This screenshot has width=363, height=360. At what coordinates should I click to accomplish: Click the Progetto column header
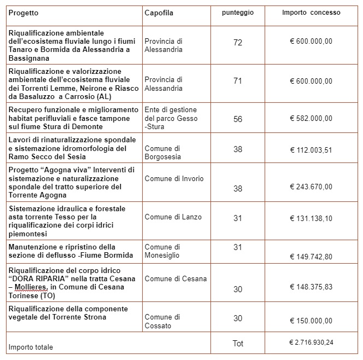coord(24,13)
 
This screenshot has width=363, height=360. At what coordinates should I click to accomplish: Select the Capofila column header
coord(159,13)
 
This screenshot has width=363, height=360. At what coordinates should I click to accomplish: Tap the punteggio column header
coord(237,12)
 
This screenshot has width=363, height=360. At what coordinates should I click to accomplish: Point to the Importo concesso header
coord(311,12)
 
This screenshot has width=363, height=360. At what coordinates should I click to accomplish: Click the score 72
coord(237,42)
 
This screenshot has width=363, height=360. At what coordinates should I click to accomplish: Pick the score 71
coord(237,81)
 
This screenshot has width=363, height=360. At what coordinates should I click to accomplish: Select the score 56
coord(237,119)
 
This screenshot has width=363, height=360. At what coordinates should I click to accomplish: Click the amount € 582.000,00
coord(311,119)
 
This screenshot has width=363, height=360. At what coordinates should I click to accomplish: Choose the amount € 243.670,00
coord(311,187)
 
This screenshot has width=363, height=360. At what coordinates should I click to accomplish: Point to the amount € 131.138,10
coord(311,218)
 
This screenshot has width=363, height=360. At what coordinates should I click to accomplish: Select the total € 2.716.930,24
coord(311,342)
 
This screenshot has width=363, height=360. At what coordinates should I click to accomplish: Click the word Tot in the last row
coord(237,343)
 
